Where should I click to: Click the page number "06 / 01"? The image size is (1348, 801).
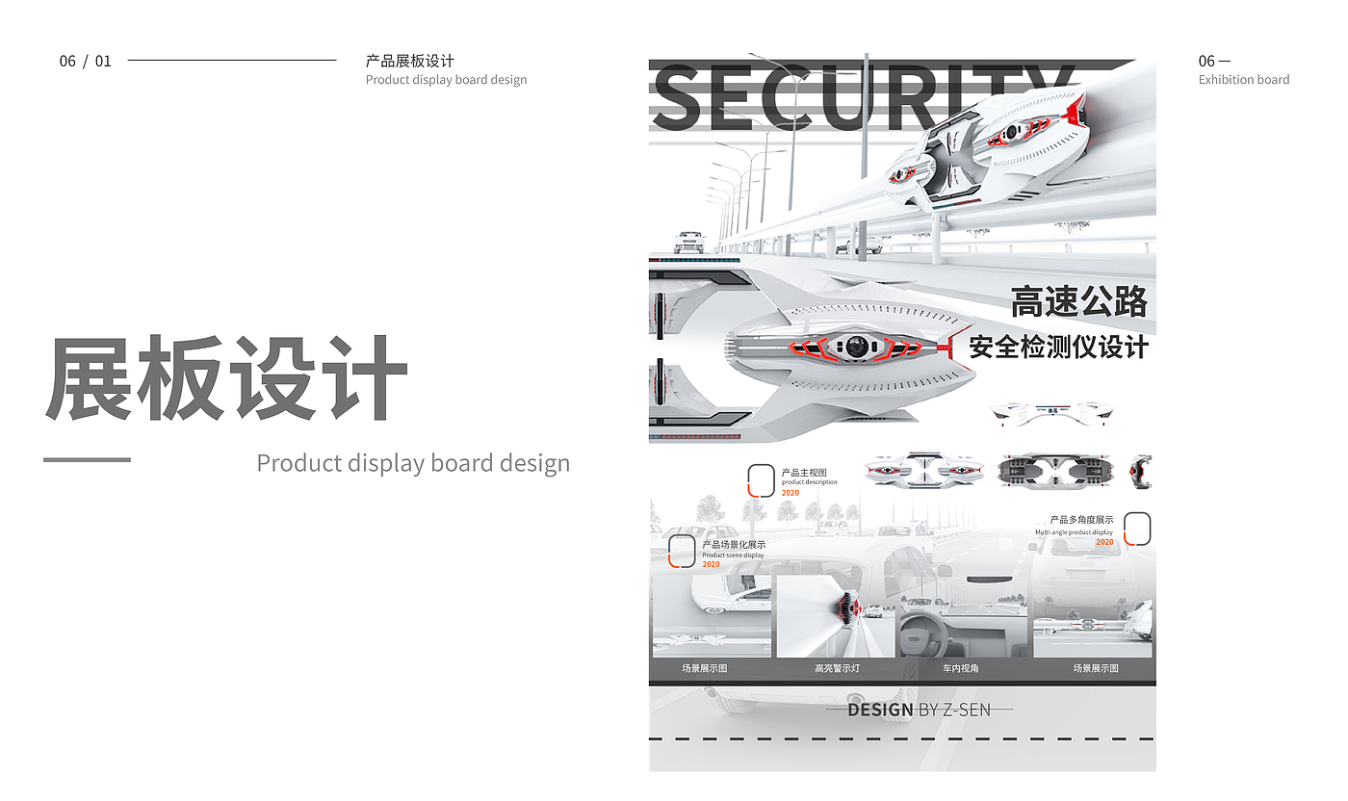pyautogui.click(x=85, y=61)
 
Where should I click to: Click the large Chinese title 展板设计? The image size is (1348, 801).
pyautogui.click(x=226, y=378)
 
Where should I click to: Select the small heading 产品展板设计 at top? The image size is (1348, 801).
pyautogui.click(x=409, y=61)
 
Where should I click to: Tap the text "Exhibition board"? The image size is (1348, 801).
pyautogui.click(x=1243, y=80)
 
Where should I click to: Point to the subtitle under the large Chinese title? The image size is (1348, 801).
pyautogui.click(x=412, y=463)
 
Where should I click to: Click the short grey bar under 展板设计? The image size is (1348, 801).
pyautogui.click(x=87, y=459)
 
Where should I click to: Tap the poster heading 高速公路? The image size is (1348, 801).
pyautogui.click(x=1078, y=302)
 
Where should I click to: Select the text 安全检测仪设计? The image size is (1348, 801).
pyautogui.click(x=1058, y=347)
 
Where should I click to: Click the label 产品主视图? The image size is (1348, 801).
pyautogui.click(x=803, y=473)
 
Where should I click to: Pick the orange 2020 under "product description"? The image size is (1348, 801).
pyautogui.click(x=790, y=493)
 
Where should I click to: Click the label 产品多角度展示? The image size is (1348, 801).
pyautogui.click(x=1081, y=520)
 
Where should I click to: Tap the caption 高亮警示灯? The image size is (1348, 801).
pyautogui.click(x=836, y=668)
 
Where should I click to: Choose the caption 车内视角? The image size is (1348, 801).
pyautogui.click(x=960, y=668)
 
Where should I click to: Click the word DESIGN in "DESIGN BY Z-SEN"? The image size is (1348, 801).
pyautogui.click(x=879, y=711)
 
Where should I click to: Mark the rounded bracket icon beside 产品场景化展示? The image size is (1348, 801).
pyautogui.click(x=682, y=551)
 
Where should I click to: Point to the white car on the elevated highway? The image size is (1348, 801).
pyautogui.click(x=688, y=241)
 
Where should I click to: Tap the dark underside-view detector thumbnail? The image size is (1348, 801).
pyautogui.click(x=1054, y=470)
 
